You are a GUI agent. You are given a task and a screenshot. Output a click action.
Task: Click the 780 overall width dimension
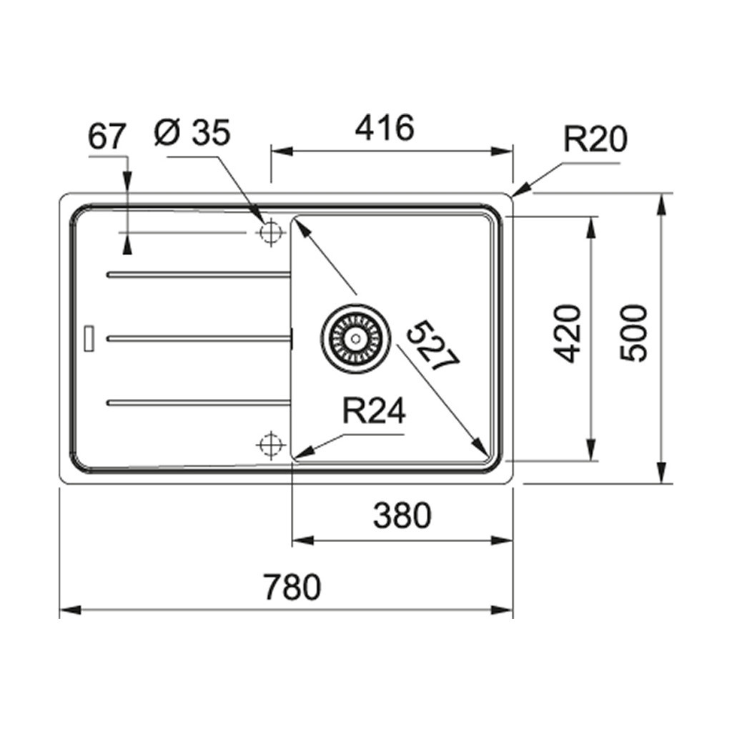pyautogui.click(x=292, y=587)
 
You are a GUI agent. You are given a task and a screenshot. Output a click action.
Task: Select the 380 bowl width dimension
pyautogui.click(x=402, y=515)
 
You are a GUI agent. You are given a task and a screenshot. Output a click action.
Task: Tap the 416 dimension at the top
pyautogui.click(x=385, y=127)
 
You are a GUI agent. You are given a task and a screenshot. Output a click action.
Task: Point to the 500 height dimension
pyautogui.click(x=633, y=332)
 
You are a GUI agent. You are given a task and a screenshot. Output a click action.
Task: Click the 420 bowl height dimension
pyautogui.click(x=567, y=333)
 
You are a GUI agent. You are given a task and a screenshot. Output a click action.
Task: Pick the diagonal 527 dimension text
pyautogui.click(x=432, y=345)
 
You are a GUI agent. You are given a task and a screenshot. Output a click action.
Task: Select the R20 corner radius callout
pyautogui.click(x=595, y=139)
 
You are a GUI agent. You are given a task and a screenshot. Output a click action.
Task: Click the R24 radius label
pyautogui.click(x=374, y=411)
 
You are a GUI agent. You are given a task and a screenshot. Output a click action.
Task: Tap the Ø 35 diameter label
pyautogui.click(x=192, y=132)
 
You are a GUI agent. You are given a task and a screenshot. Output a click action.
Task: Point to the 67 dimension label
pyautogui.click(x=107, y=137)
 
